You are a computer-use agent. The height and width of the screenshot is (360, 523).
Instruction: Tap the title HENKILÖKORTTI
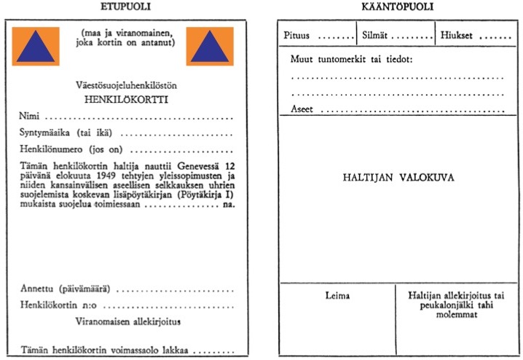[126, 100]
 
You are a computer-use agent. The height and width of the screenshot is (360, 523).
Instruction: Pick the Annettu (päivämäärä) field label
[66, 289]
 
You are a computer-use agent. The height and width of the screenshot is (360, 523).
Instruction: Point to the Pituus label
[296, 35]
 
